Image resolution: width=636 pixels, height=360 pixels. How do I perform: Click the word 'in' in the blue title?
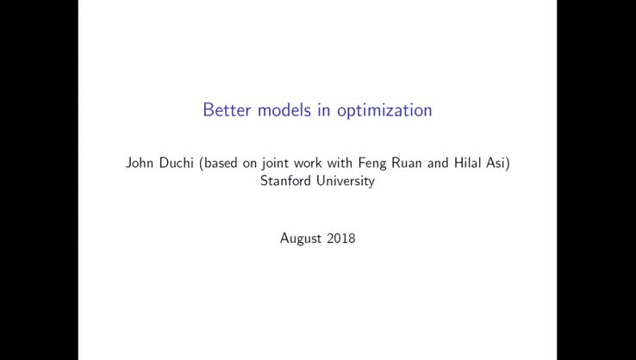point(324,110)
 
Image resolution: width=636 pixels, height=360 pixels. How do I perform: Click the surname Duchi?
point(179,163)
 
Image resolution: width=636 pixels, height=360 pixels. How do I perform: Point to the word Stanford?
point(286,181)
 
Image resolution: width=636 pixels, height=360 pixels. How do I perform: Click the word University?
point(345,182)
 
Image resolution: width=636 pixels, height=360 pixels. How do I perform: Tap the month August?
point(301,239)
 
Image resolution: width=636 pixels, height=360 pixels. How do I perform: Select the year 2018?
point(341,239)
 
